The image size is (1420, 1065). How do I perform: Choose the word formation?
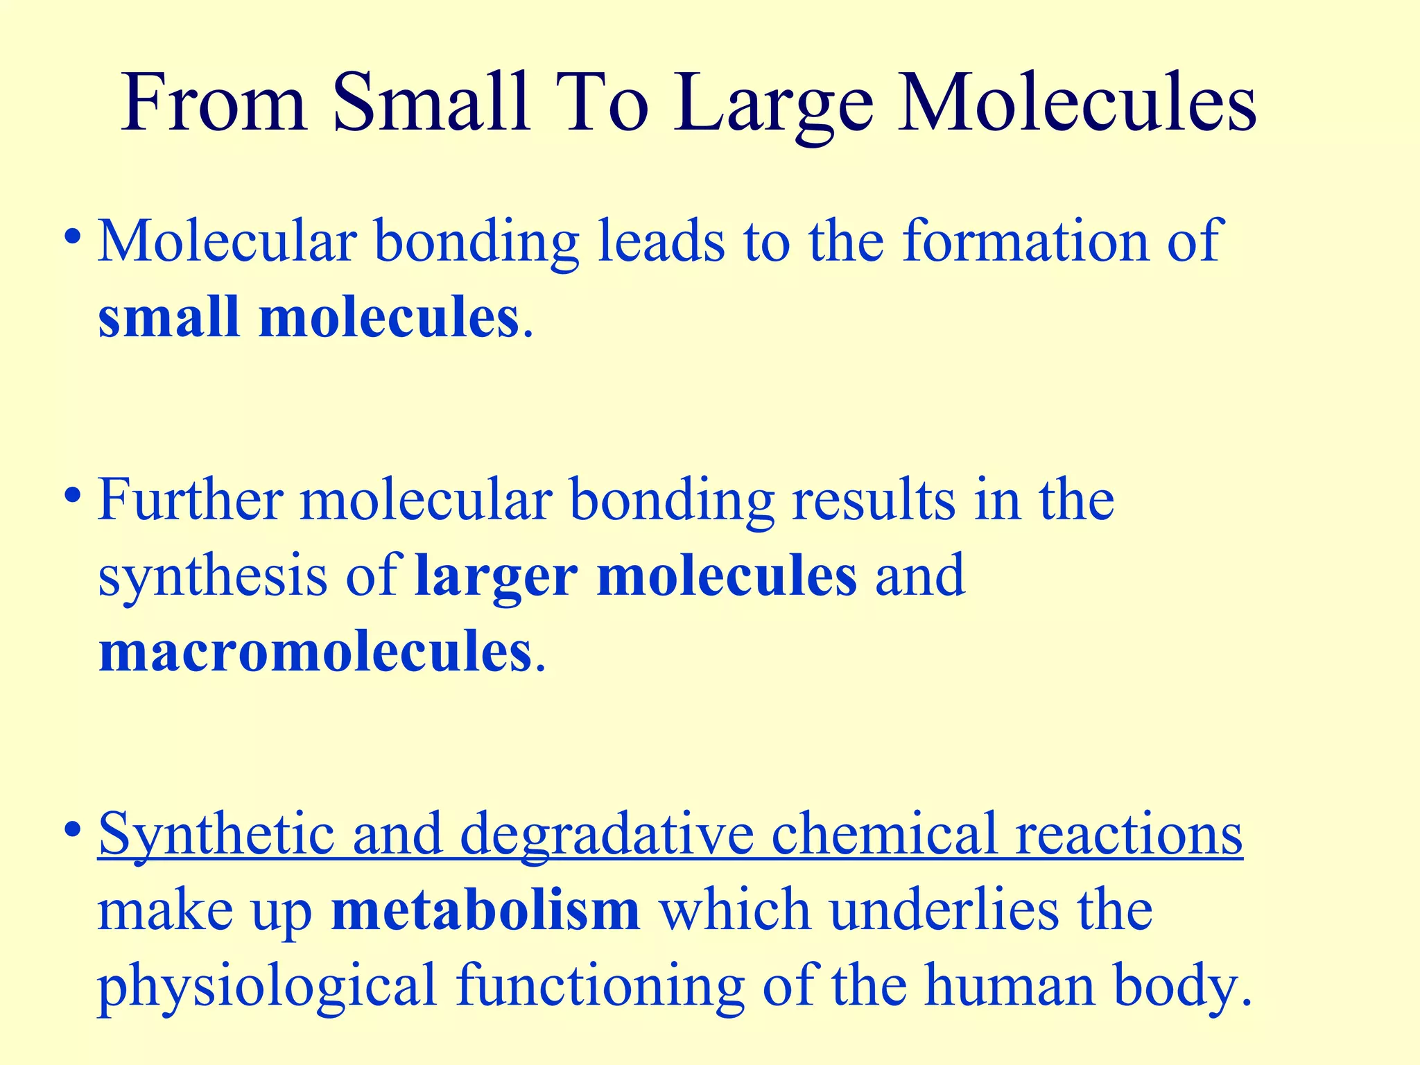[1025, 241]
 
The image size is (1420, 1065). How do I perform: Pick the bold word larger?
[496, 577]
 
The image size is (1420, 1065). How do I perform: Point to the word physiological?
[268, 987]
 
